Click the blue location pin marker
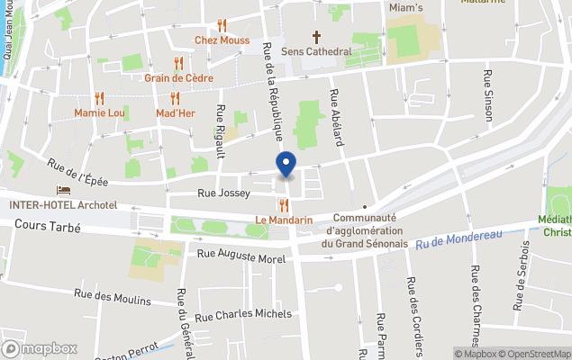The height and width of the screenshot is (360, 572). point(286,165)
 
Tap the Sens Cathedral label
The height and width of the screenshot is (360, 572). point(316,51)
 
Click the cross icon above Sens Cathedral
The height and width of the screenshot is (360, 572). point(316,37)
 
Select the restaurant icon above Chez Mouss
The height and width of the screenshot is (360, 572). point(222,25)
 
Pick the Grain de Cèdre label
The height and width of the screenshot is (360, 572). point(178,77)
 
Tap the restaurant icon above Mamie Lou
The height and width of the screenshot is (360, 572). point(99,98)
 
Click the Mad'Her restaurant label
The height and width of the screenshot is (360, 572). point(176,113)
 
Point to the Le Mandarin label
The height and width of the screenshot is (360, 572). point(284,220)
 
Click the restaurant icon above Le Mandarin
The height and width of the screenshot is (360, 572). point(284,205)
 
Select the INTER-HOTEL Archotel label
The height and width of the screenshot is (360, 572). point(63,205)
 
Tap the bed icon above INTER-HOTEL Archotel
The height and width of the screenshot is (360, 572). point(63,191)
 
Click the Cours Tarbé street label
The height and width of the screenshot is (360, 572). point(48,228)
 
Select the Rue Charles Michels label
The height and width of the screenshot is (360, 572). point(243,315)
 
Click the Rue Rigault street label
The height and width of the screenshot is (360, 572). point(221,126)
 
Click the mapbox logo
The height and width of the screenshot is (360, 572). point(40,348)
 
